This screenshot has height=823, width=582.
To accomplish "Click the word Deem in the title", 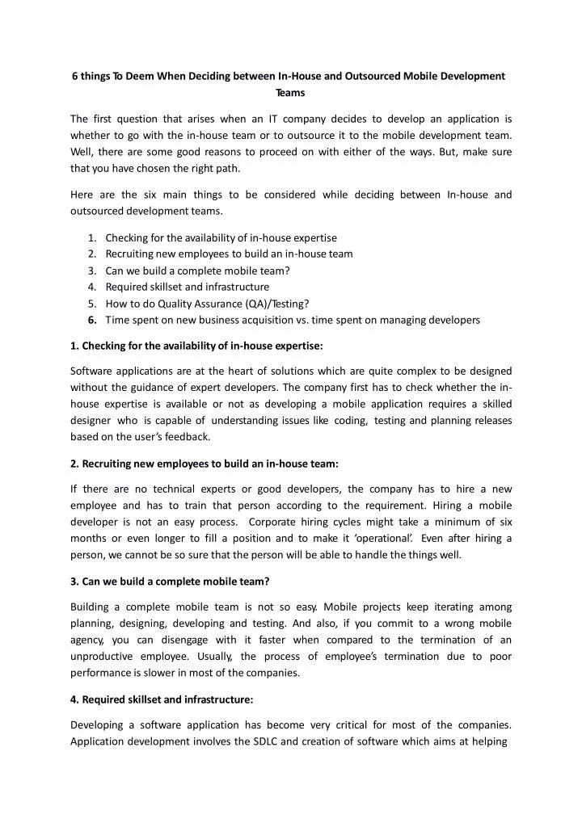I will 141,76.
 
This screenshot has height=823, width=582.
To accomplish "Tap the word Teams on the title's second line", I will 290,93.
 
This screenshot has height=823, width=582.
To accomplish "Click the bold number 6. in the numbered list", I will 93,320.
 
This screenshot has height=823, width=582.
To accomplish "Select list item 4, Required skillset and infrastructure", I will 187,287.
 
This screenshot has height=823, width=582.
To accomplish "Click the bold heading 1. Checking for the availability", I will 196,346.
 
